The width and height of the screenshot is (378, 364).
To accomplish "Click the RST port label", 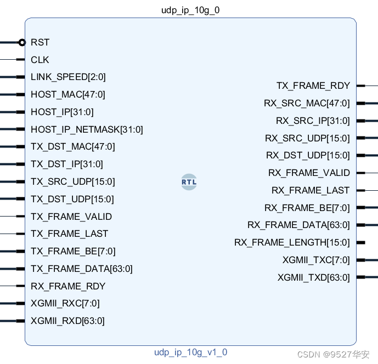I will pos(40,42).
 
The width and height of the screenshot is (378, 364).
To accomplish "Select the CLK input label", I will pos(40,60).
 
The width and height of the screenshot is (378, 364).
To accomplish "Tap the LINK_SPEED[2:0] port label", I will pos(68,77).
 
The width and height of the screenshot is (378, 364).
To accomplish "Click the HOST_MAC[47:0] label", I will pos(67,95).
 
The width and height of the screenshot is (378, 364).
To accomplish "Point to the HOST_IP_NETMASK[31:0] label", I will pos(87,130).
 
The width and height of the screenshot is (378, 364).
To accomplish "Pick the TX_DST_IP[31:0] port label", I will pos(66,164).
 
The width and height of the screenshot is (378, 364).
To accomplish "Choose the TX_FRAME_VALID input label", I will pos(71,217).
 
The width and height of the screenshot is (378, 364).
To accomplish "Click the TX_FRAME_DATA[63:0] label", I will pos(81,269).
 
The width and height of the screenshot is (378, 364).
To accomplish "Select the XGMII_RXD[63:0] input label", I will pos(67,321).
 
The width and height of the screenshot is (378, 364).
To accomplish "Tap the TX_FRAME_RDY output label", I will pos(313,86).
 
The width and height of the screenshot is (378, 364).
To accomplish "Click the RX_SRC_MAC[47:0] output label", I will pos(307,103).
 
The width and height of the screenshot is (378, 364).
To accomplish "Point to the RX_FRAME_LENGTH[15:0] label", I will pos(292,242).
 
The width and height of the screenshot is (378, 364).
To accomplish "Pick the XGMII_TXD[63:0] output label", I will pos(313,277).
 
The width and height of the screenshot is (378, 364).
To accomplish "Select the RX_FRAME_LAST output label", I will pos(311,190).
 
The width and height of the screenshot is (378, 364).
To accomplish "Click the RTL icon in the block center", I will pos(189,182).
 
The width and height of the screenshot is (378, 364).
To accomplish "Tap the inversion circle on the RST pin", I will pos(22,42).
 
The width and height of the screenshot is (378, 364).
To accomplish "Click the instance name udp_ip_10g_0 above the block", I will pos(190,10).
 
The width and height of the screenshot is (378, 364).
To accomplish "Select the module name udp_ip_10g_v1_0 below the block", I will pos(190,352).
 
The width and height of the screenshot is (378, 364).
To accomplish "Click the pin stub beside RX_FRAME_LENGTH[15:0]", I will pos(360,242).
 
